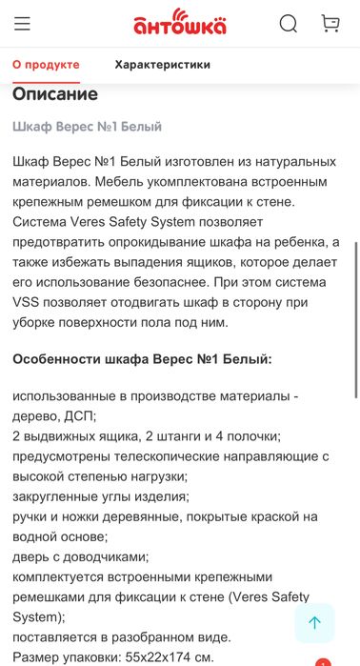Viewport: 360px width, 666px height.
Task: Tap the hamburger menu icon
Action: [22, 24]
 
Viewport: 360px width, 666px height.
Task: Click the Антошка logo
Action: [179, 23]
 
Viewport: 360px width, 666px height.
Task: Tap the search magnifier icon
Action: [288, 24]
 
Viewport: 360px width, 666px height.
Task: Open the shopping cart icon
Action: [330, 24]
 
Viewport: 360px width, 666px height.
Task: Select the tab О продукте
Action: [46, 65]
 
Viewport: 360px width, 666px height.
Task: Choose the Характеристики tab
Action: [162, 65]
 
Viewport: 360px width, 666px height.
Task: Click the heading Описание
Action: [55, 94]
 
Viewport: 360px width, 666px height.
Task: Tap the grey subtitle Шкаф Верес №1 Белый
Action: [87, 126]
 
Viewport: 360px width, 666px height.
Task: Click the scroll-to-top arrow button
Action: [314, 622]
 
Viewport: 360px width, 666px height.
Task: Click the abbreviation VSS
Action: [29, 302]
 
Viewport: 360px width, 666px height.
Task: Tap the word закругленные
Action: [56, 496]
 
